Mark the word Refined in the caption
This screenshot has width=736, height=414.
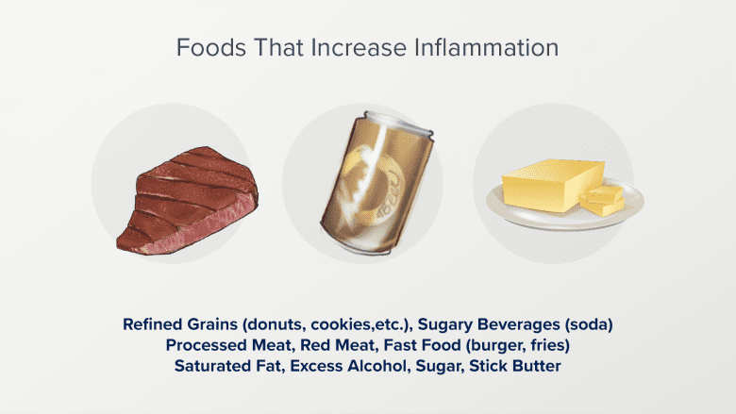coord(153,324)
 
